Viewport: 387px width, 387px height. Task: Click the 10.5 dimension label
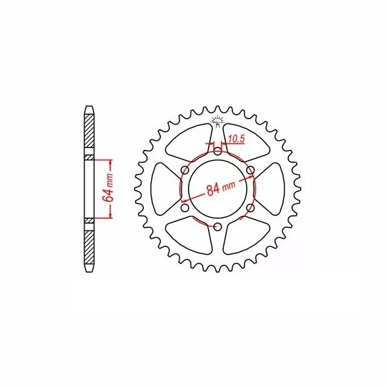(236, 139)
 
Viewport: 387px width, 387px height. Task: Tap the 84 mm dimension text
(221, 189)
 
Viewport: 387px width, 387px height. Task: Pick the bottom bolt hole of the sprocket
(218, 227)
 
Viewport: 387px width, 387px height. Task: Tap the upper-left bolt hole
(185, 170)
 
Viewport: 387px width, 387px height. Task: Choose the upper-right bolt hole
(250, 170)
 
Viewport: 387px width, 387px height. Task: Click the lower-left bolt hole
(185, 208)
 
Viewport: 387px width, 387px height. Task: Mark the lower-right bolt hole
(250, 208)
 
